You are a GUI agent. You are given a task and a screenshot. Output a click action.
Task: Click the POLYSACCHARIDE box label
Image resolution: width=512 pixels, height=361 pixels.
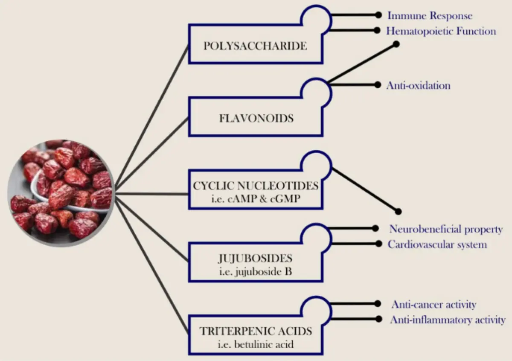click(255, 46)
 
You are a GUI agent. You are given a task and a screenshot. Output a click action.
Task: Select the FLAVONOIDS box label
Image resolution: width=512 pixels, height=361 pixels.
click(256, 118)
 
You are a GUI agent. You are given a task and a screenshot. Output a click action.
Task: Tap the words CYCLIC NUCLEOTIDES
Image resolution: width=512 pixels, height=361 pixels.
click(256, 186)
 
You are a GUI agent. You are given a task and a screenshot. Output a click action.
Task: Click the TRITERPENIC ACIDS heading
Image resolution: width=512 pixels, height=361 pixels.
click(256, 331)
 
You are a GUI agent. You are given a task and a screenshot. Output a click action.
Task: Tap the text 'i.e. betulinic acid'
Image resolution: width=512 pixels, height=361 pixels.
click(256, 344)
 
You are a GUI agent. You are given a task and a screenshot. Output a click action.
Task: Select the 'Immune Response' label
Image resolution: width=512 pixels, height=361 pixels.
click(430, 16)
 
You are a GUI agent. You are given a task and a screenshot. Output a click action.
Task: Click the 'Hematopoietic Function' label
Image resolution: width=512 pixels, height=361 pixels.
click(441, 31)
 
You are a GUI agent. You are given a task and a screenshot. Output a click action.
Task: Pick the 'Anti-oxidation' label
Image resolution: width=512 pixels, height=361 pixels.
click(418, 85)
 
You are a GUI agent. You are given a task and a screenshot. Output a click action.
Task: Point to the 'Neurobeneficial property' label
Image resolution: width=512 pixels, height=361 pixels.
click(446, 229)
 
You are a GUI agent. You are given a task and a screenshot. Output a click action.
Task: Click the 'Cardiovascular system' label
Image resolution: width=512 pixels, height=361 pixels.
click(437, 245)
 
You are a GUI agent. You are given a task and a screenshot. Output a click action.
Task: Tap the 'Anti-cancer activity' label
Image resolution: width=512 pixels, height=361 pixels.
click(433, 305)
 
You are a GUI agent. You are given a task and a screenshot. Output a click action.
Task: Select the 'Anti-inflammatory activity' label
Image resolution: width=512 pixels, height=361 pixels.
click(448, 320)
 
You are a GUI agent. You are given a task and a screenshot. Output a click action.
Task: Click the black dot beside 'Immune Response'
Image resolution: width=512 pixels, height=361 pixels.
click(377, 15)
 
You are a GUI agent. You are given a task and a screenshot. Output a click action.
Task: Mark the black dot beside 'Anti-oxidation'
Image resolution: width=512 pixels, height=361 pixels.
click(377, 85)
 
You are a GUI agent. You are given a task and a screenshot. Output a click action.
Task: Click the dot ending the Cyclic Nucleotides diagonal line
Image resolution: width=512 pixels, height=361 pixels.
click(399, 211)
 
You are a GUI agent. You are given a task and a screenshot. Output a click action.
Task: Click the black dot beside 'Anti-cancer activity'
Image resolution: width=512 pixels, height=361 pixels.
click(377, 304)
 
